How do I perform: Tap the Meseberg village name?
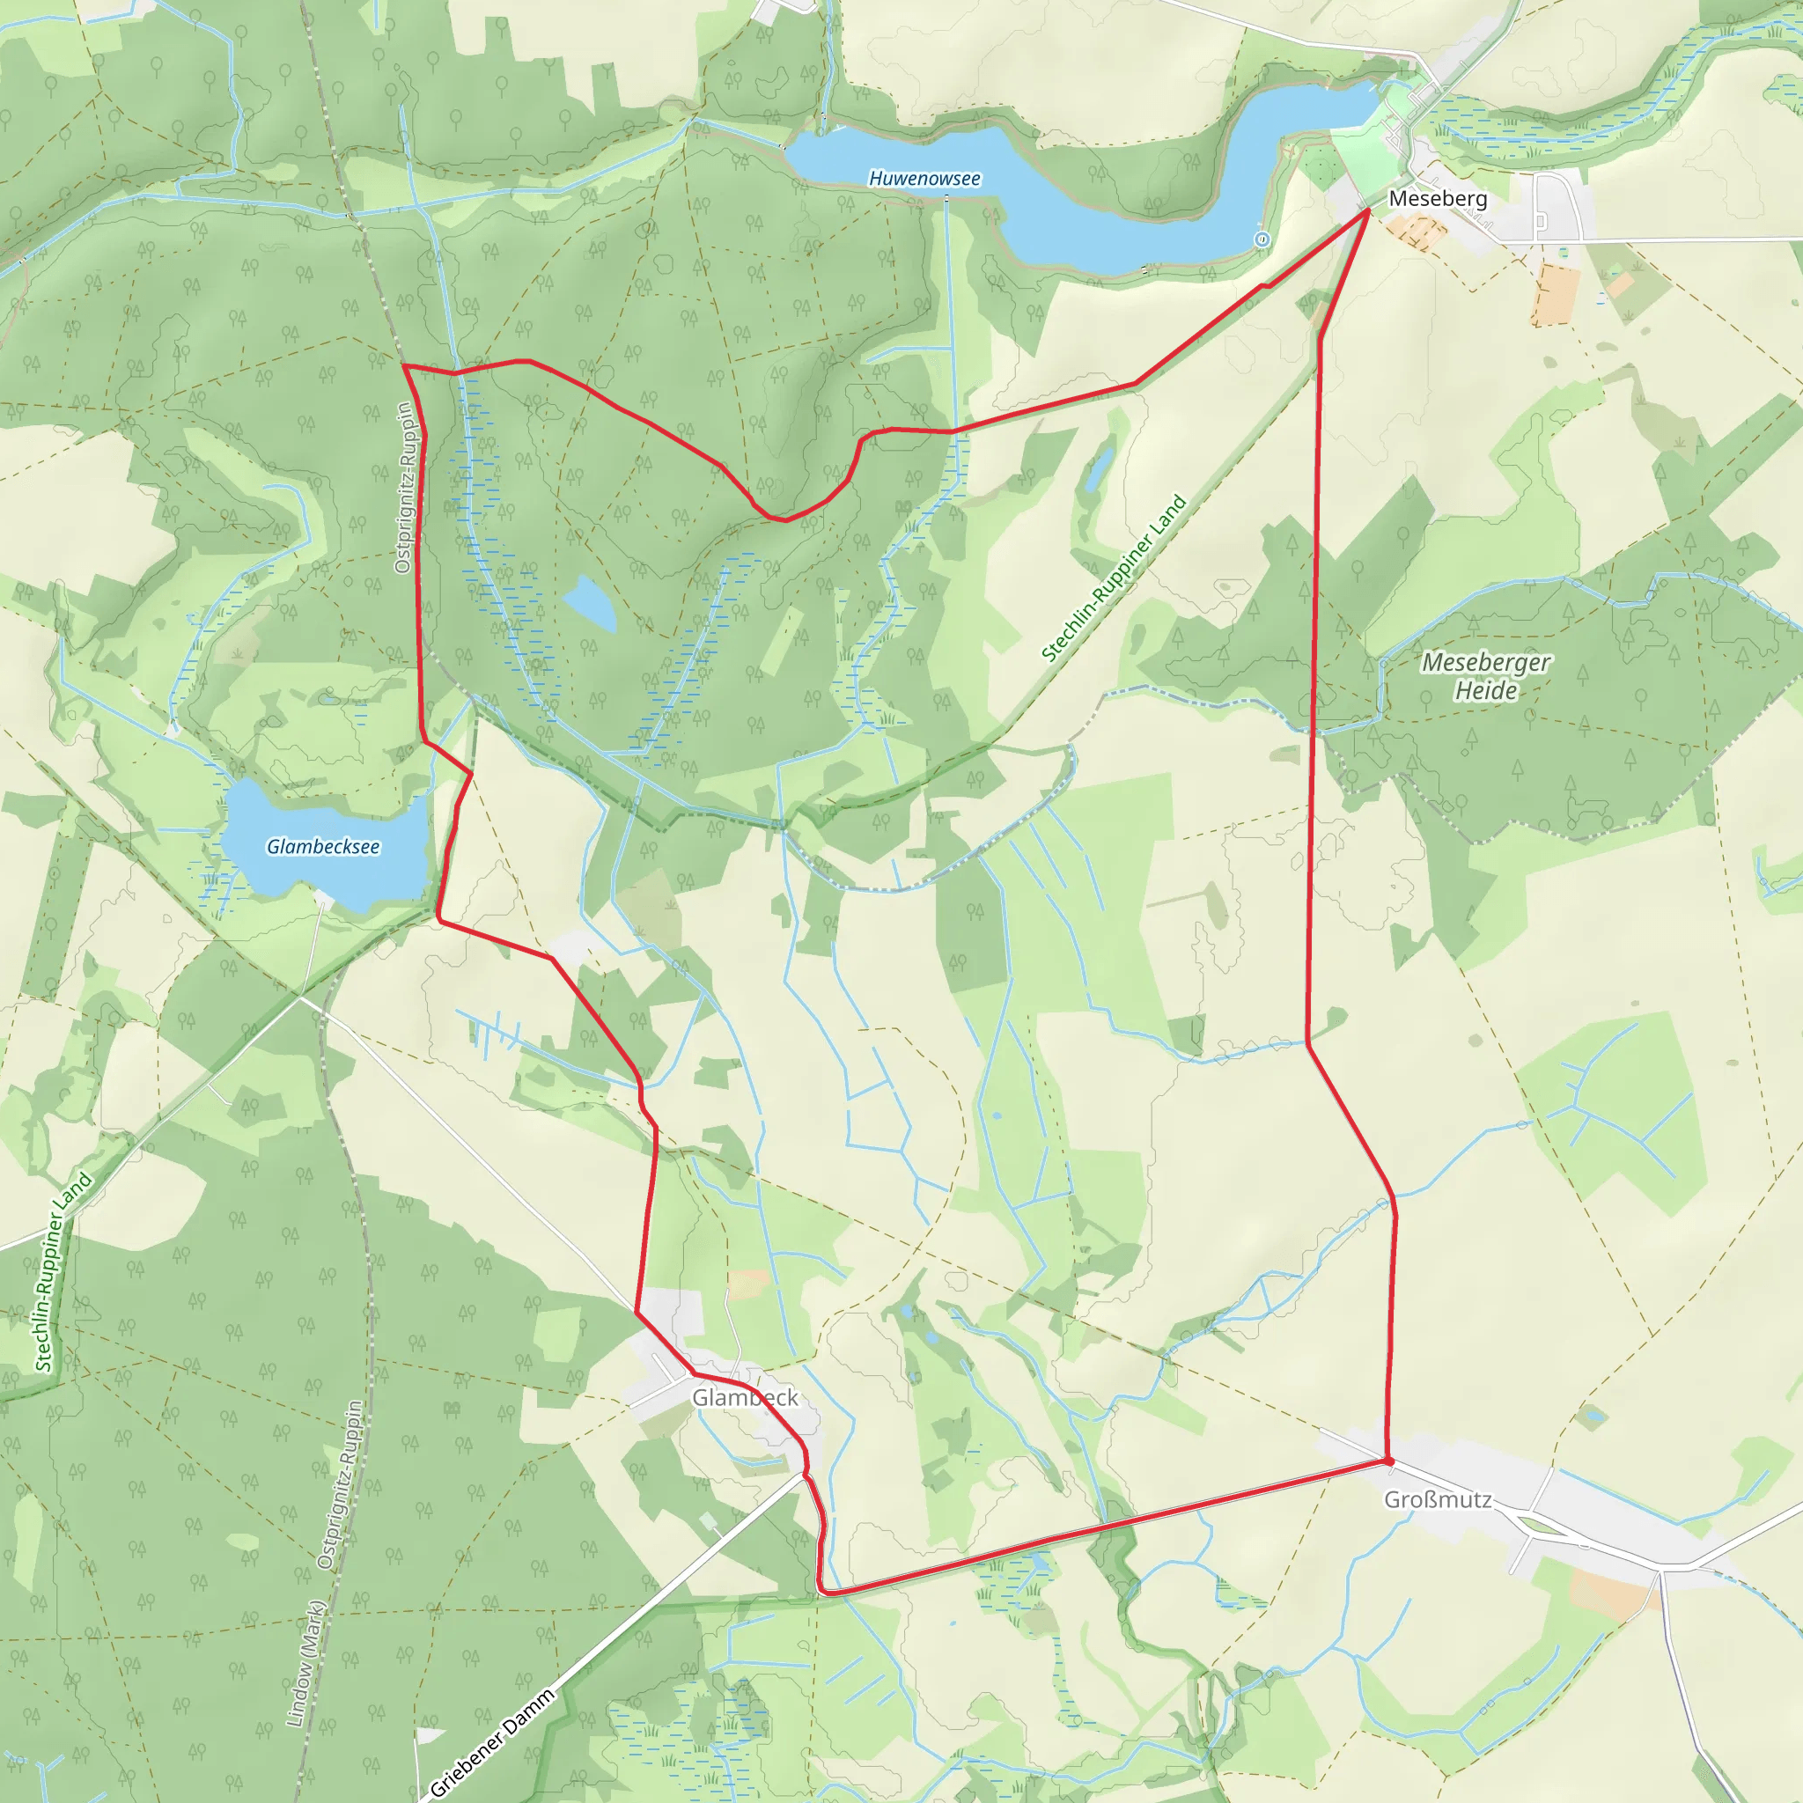(1437, 199)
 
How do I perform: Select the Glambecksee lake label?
(323, 846)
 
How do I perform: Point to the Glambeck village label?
(745, 1397)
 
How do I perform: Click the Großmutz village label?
(1437, 1499)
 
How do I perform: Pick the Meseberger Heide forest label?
(1486, 677)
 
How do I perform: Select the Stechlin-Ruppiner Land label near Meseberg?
(1114, 578)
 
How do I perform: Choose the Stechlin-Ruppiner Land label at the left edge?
(63, 1271)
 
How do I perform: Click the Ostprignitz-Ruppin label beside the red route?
(403, 487)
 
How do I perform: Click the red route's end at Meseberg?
(1368, 211)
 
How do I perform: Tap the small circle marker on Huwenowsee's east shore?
(1262, 239)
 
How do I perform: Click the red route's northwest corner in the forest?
(403, 366)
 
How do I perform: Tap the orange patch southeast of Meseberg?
(1554, 294)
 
